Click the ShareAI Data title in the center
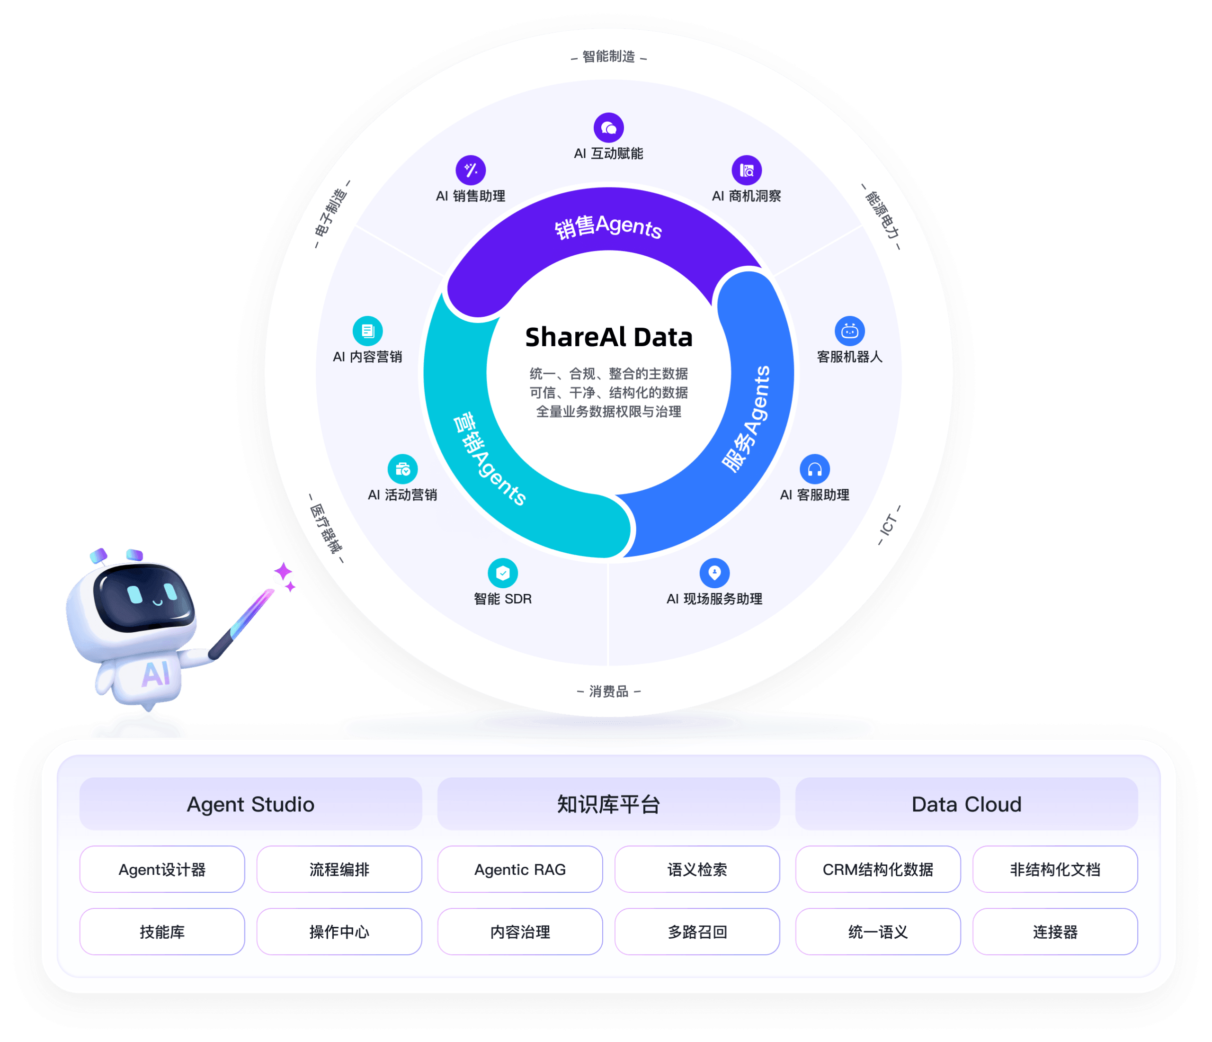pos(608,338)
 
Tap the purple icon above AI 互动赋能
pos(608,127)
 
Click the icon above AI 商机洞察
pos(747,170)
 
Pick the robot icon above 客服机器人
pos(849,331)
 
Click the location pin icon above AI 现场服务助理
pos(714,573)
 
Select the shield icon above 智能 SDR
pos(502,573)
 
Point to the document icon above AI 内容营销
pos(367,331)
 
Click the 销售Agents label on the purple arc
pos(608,227)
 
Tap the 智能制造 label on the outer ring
pos(608,57)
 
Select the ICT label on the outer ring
pos(889,525)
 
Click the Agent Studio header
pos(250,804)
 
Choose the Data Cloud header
pos(966,804)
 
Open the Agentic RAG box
pos(520,870)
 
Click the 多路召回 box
pos(697,932)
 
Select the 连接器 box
pos(1055,932)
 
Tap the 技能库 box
pos(162,932)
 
